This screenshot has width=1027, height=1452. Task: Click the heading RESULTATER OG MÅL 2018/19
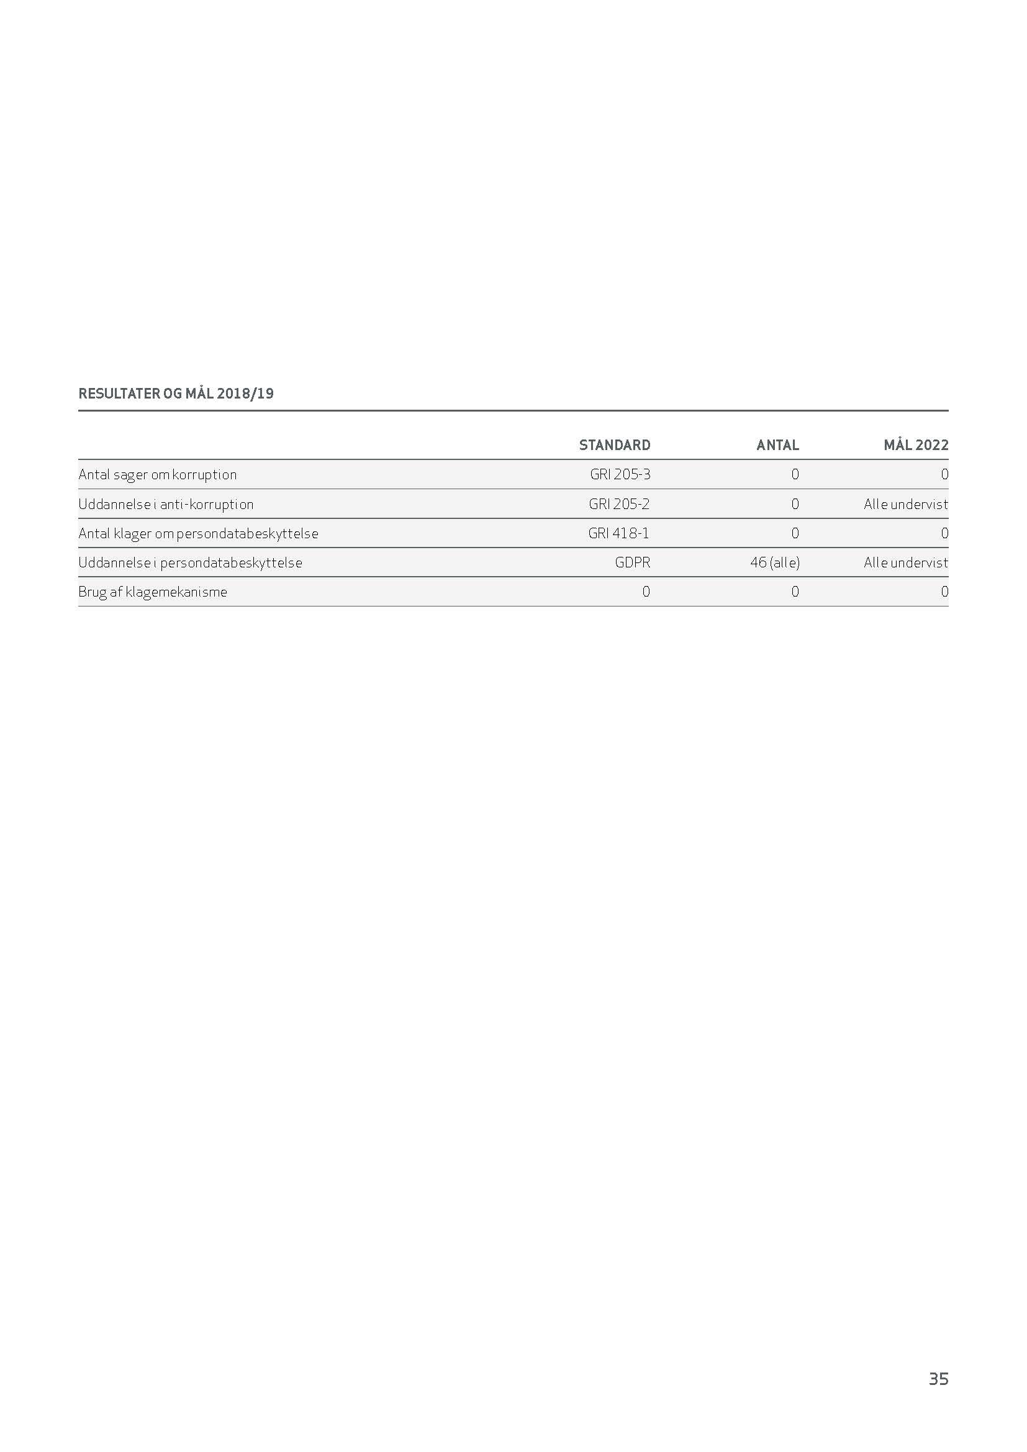(176, 394)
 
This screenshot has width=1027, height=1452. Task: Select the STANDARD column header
(614, 445)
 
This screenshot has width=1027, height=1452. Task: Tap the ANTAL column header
(777, 445)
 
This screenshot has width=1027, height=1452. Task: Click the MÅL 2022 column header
(916, 445)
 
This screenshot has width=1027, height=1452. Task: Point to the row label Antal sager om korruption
(158, 474)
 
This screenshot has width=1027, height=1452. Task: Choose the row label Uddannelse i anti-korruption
(166, 504)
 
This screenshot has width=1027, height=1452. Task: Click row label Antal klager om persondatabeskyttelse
(198, 533)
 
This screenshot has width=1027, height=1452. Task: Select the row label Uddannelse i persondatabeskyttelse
(191, 562)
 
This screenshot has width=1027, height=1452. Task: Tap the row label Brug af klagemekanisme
(152, 592)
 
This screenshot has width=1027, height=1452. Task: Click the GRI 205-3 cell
(620, 474)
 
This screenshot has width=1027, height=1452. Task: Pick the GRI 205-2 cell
(619, 504)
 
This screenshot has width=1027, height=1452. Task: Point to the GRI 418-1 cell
(618, 533)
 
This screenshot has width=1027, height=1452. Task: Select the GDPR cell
(632, 562)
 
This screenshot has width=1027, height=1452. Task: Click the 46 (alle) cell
(775, 562)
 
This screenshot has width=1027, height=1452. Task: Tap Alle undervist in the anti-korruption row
(905, 504)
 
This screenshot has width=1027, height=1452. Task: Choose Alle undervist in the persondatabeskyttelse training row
(905, 562)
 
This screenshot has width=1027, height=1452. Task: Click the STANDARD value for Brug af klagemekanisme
(646, 592)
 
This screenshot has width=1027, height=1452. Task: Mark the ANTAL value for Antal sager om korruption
(795, 474)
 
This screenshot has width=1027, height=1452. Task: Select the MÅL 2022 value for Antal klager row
(944, 533)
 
